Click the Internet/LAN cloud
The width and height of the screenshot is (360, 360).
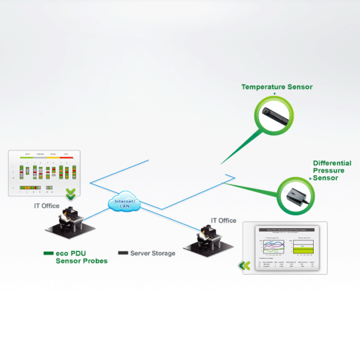(125, 203)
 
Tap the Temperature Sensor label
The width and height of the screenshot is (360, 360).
(277, 87)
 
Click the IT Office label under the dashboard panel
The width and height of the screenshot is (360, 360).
(46, 206)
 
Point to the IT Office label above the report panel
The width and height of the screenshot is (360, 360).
(223, 220)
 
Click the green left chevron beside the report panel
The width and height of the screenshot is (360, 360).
(245, 265)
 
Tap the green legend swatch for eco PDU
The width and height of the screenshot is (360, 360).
(48, 253)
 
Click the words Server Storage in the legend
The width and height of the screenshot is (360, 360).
(152, 253)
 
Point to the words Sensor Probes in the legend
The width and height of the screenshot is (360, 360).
(82, 261)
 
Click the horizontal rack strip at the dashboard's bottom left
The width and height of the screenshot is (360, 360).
(29, 188)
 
